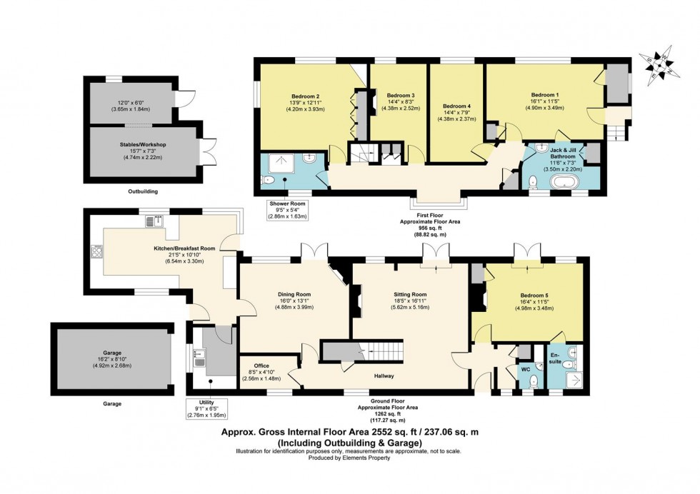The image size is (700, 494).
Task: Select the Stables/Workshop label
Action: [x=143, y=145]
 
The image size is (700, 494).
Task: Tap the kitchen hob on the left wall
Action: [x=95, y=251]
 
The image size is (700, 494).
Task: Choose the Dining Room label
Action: [x=294, y=293]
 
